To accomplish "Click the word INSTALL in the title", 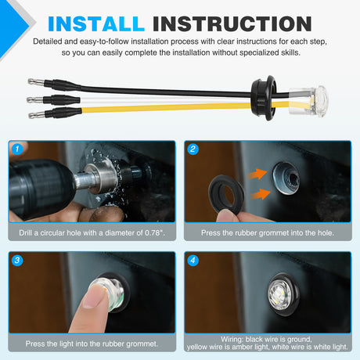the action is point(96,23).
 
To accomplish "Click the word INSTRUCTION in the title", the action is point(232,23).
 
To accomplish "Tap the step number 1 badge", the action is point(17,149).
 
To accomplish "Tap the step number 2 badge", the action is point(193,149).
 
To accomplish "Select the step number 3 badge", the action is point(17,260).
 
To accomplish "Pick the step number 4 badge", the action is point(193,260).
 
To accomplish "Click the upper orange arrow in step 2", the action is point(257,174).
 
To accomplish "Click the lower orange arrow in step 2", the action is point(261,194).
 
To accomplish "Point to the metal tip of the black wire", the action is point(36,81).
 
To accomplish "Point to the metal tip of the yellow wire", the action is point(37,114).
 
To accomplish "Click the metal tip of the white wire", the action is point(35,99).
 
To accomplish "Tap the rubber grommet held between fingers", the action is point(226,193).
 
